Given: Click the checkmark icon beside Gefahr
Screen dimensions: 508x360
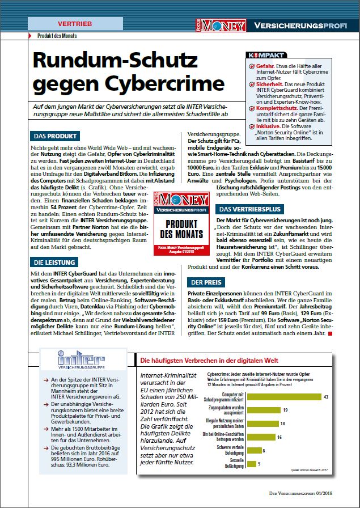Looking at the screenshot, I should (x=252, y=65).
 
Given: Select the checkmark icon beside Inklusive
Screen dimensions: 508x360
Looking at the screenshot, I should (x=252, y=126).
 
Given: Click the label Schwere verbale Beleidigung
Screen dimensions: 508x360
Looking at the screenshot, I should (x=225, y=451).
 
